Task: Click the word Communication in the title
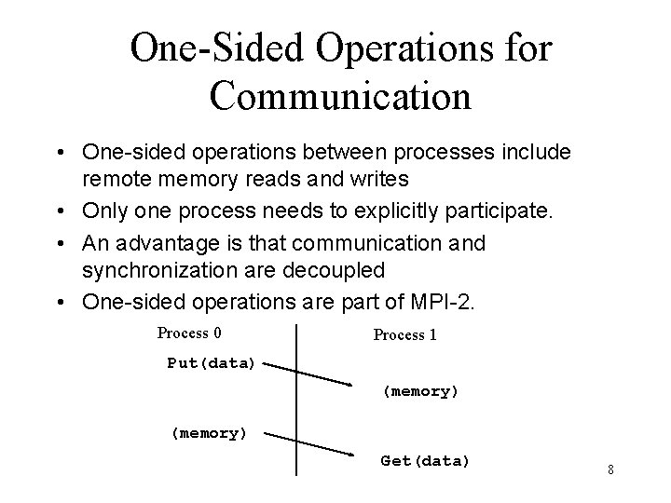tap(341, 95)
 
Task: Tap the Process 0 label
tap(188, 333)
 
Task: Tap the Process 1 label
tap(404, 335)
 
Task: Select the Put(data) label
tap(211, 363)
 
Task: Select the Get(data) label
tap(425, 461)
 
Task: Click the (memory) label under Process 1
tap(421, 392)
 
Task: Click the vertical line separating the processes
tap(296, 401)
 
